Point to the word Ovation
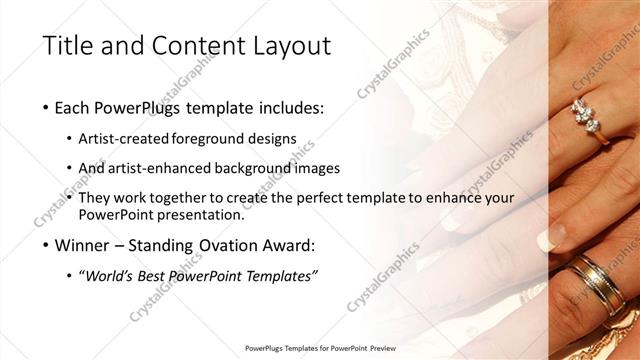pos(218,245)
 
